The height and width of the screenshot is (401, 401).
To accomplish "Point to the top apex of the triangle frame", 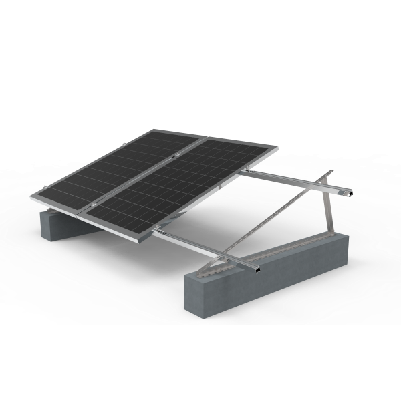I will pos(328,174).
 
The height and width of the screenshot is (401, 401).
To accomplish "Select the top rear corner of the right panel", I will pos(275,150).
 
